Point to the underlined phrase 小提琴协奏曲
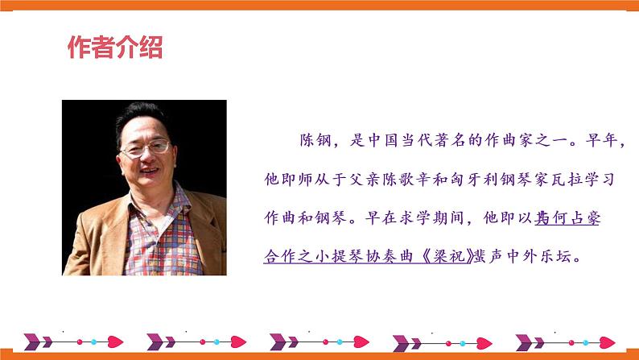click(366, 256)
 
